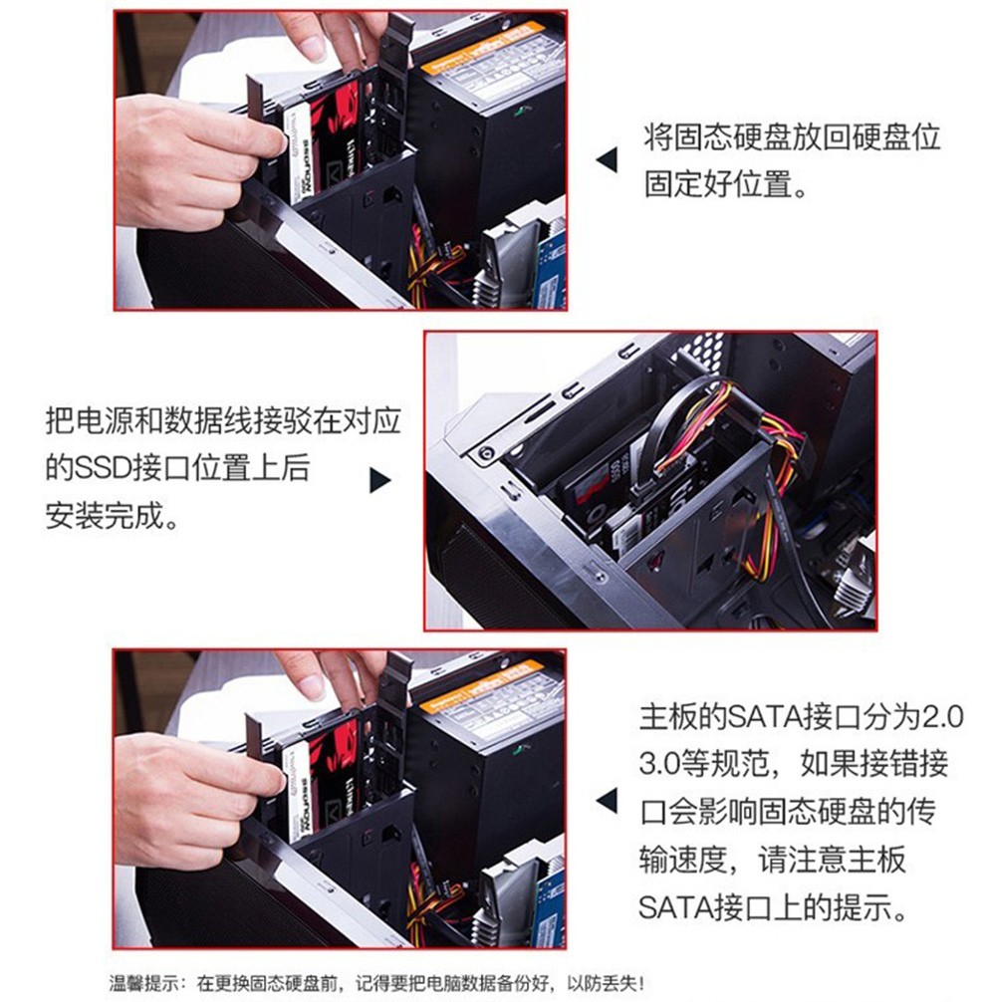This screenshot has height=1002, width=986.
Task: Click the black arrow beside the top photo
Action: [x=608, y=159]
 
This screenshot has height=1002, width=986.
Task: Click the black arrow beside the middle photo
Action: [x=380, y=480]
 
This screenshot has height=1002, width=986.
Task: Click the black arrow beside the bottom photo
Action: [x=608, y=800]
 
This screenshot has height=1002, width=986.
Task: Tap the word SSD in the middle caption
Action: [x=103, y=468]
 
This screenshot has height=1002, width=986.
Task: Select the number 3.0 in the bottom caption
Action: [x=659, y=764]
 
